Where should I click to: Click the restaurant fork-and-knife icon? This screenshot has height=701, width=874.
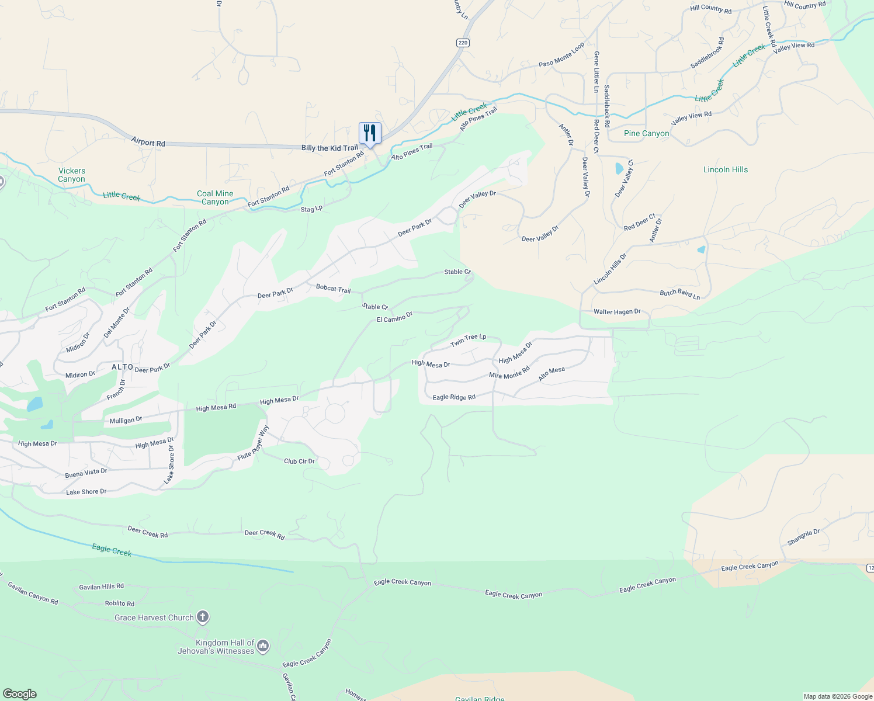point(369,133)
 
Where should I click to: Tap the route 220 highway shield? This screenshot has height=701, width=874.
point(463,43)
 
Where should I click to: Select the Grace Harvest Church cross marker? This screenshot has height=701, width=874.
point(203,617)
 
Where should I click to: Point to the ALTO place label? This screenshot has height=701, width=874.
point(123,367)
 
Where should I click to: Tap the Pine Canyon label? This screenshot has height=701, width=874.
point(646,134)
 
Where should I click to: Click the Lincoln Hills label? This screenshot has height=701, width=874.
point(725,170)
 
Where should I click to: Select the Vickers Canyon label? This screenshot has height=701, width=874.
point(71,175)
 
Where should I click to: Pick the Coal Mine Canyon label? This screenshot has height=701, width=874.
point(215,197)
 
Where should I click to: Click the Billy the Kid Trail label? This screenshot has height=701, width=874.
point(330,148)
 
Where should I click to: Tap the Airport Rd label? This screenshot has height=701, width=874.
point(148,142)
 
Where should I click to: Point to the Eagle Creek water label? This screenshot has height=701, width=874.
point(112,550)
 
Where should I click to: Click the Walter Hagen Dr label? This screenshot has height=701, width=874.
point(617,312)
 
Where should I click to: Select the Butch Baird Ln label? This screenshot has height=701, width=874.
point(679,294)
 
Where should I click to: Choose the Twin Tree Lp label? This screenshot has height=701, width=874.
point(468,340)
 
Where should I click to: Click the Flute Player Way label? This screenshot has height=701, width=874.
point(254,443)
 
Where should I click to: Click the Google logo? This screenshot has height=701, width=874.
point(20,694)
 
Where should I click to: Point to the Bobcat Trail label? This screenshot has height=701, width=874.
point(333,289)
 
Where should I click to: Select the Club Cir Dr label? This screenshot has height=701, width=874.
point(299,461)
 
